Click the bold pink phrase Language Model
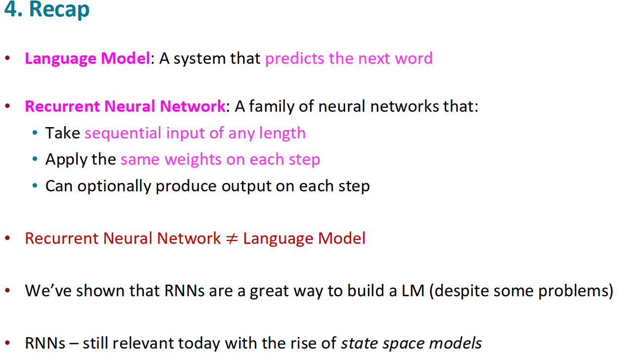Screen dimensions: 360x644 87,58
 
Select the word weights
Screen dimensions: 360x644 193,160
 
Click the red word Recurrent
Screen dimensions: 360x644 56,238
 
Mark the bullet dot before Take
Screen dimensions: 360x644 35,134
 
